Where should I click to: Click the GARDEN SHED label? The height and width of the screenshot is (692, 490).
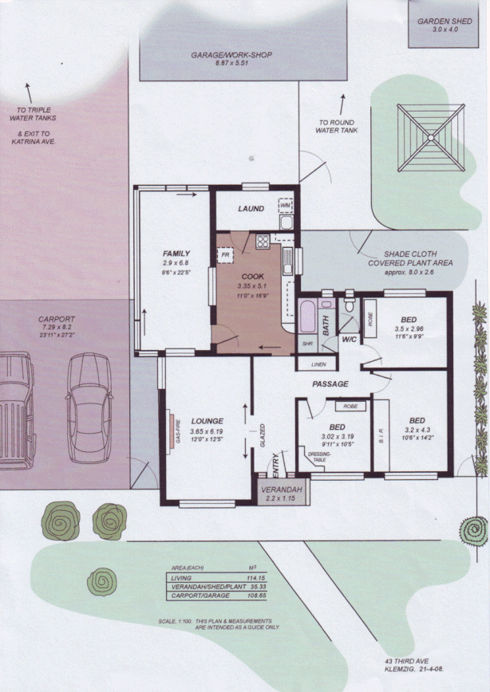445,22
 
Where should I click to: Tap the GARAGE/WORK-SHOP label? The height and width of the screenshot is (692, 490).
232,55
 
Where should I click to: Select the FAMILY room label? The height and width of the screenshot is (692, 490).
176,254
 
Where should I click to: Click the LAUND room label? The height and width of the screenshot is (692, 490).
251,209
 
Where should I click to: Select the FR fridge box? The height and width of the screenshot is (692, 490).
225,254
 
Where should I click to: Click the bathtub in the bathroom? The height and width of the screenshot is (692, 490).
307,318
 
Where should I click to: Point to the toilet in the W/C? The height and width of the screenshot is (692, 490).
349,306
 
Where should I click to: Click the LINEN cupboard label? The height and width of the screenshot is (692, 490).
318,364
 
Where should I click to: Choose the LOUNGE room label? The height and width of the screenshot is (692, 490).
207,420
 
